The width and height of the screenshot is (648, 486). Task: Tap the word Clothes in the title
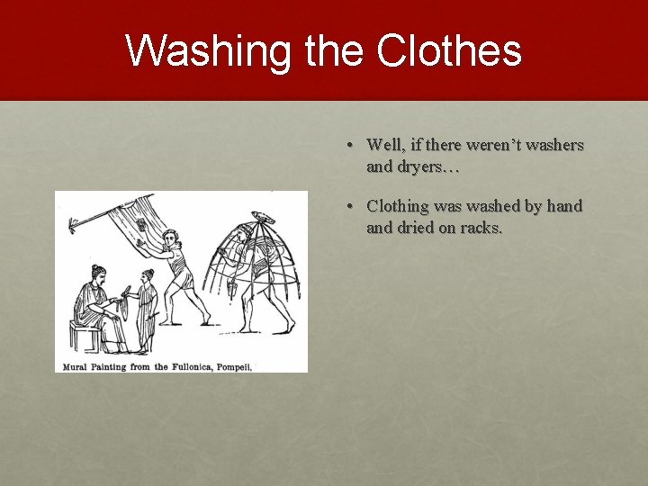(449, 50)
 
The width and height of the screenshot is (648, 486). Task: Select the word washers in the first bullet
(552, 145)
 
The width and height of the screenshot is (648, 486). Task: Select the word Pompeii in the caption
(234, 366)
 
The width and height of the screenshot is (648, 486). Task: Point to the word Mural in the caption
(77, 366)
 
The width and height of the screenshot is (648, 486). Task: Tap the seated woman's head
(96, 271)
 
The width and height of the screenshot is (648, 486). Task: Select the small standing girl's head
(148, 275)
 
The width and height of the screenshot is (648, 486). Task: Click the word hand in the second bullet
(564, 206)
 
